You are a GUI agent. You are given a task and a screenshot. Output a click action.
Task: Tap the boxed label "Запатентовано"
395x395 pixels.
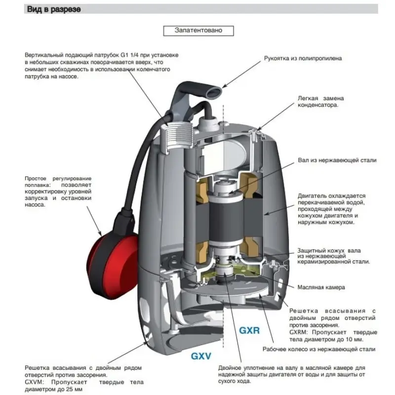(198, 30)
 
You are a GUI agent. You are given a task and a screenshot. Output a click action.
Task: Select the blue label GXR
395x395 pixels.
(249, 331)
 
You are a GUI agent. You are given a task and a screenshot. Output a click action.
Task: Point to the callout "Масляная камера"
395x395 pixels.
(321, 287)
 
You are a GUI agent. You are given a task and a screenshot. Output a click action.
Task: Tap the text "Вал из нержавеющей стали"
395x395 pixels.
(337, 160)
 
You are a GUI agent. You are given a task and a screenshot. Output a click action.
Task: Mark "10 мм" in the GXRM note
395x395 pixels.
(355, 340)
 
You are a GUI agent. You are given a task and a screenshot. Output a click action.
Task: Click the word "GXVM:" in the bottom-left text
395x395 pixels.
(36, 382)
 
